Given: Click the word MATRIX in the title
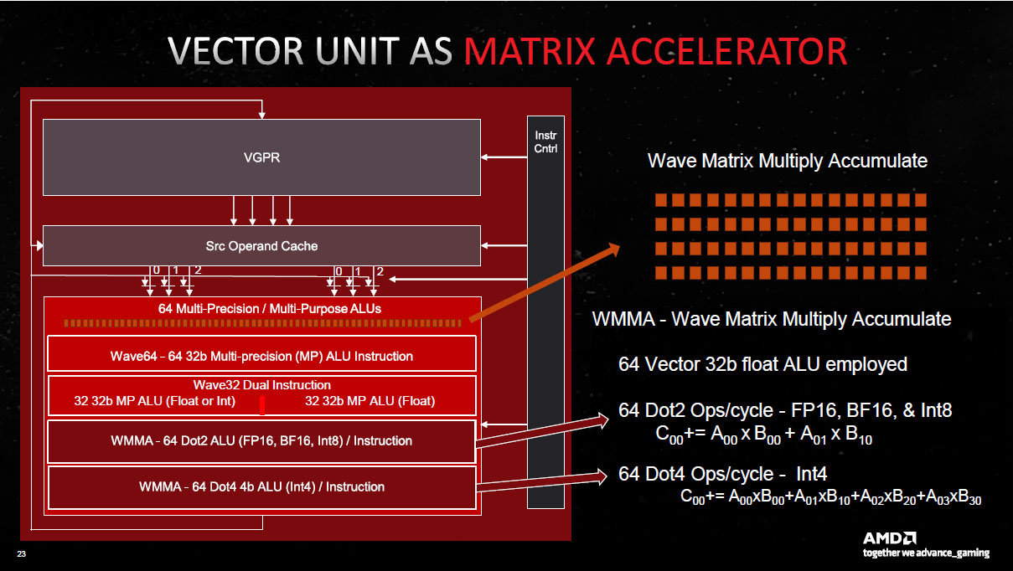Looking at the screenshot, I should tap(544, 52).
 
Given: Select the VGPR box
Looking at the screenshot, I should tap(261, 157).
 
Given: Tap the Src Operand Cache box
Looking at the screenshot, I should tap(261, 246).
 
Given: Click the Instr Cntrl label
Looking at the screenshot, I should tap(545, 141).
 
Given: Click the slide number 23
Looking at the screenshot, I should tap(21, 554).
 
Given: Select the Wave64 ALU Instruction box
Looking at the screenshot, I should tap(261, 355).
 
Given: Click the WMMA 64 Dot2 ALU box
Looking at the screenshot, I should tap(261, 441).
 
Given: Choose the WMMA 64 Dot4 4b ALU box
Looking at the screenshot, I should tap(261, 487).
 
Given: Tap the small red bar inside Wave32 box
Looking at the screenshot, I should tap(262, 406).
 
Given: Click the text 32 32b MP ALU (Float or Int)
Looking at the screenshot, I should tap(155, 401).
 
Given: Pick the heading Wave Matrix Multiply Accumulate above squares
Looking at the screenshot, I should tap(787, 161).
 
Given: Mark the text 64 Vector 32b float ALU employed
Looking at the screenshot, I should tap(762, 364).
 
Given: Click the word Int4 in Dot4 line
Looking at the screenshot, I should tap(818, 475).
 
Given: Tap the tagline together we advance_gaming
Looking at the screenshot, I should tap(926, 553).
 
